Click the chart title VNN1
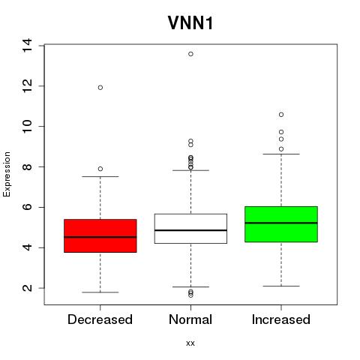(x=190, y=23)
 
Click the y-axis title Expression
(x=7, y=174)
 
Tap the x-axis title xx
(x=190, y=343)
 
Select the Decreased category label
(x=100, y=319)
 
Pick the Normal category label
(x=190, y=319)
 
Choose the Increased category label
(x=281, y=319)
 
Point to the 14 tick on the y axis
(x=27, y=46)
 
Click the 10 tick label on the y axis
(x=27, y=126)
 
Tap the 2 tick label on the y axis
(x=27, y=288)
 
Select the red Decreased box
(x=100, y=235)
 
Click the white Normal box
(x=190, y=229)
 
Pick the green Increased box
(x=281, y=224)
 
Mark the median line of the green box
(x=281, y=223)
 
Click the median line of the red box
(x=100, y=237)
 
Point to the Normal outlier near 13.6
(x=190, y=54)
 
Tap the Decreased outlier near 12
(x=100, y=88)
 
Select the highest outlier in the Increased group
(x=281, y=115)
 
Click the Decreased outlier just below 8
(x=100, y=169)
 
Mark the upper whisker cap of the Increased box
(x=281, y=154)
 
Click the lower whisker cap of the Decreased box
(x=100, y=292)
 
